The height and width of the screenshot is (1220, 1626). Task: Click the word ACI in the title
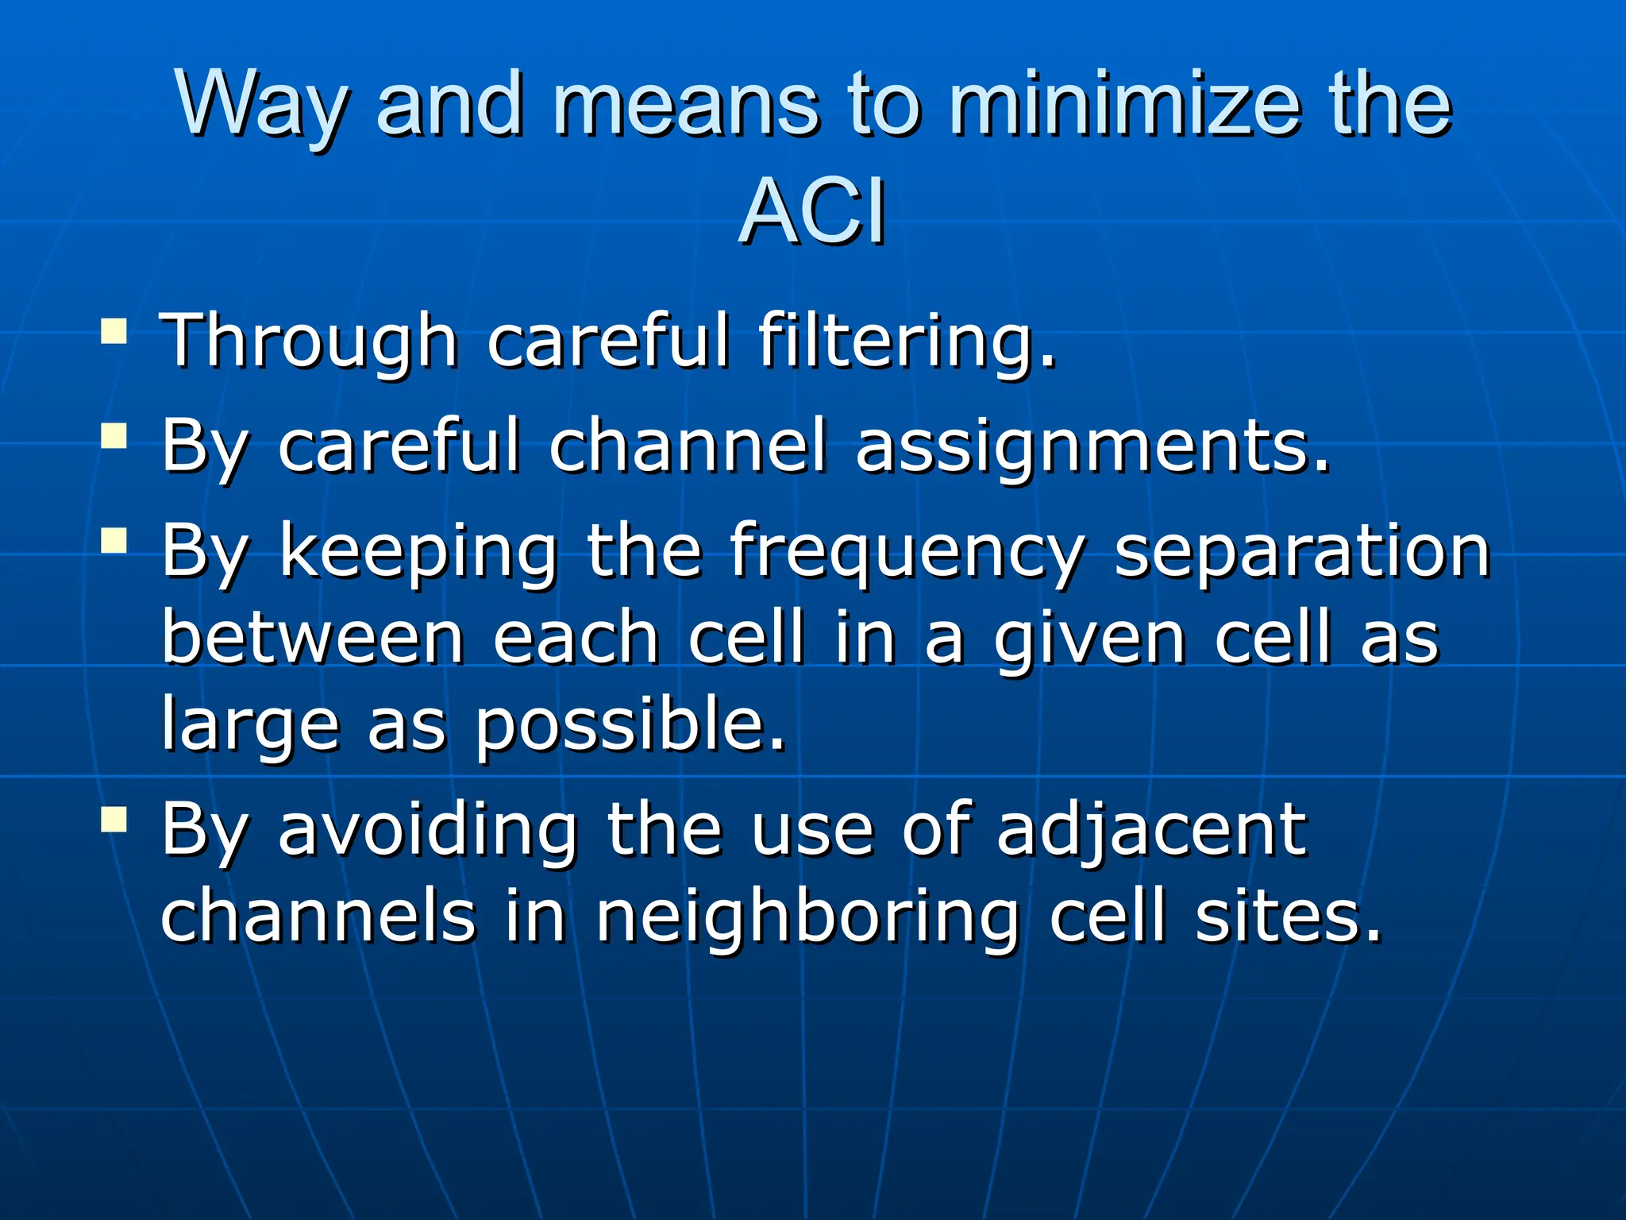click(812, 212)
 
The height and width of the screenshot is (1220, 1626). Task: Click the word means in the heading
click(684, 104)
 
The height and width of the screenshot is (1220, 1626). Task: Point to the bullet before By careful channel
click(114, 436)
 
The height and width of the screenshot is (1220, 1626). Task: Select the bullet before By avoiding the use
click(114, 819)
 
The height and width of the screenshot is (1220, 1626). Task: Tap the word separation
click(1302, 552)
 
